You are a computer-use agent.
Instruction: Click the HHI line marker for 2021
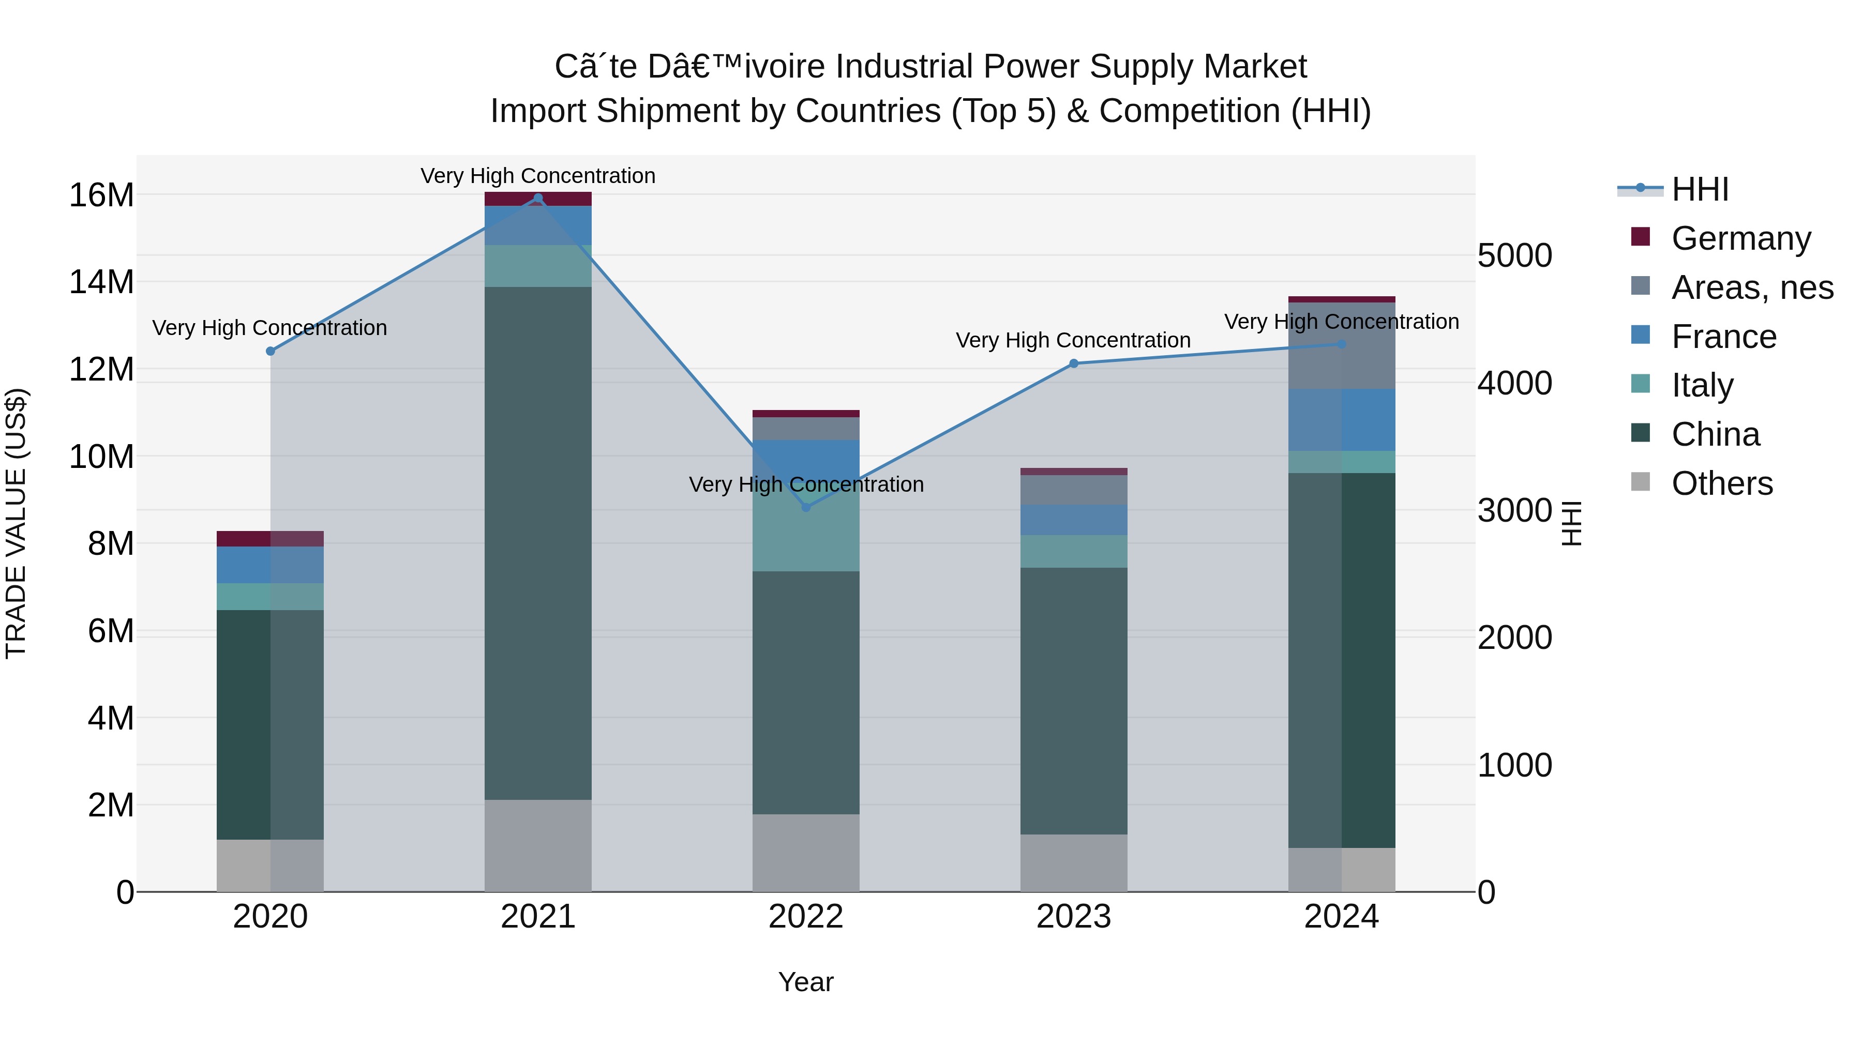538,198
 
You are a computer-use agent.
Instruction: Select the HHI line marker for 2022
806,507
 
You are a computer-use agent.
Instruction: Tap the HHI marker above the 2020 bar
271,351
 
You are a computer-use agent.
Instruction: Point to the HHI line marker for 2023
1073,363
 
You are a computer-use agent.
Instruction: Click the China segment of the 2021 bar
538,542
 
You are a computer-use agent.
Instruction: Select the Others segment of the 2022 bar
806,853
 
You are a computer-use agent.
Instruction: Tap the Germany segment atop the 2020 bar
271,538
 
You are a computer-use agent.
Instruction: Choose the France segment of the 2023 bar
1073,520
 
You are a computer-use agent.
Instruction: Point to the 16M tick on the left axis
101,195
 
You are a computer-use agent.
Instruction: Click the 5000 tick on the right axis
1514,256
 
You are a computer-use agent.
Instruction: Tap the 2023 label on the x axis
1073,917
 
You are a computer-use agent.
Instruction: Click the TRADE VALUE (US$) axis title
17,523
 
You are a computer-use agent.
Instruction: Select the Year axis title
805,982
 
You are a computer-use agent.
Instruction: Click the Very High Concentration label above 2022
806,484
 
